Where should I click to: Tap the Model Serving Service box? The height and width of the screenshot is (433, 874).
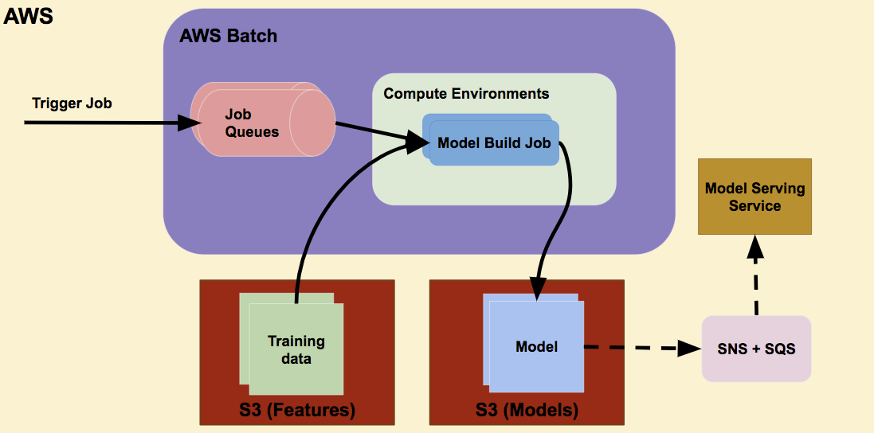coord(754,197)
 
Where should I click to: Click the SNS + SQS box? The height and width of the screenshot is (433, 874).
coord(756,349)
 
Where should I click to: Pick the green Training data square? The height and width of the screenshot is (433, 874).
coord(296,349)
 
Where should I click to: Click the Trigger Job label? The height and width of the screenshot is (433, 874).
coord(72,103)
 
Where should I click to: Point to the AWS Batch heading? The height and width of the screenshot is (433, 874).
coord(229,36)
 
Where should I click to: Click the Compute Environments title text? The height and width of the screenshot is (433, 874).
coord(466,93)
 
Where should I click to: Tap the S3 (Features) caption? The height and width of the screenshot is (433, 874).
coord(297,411)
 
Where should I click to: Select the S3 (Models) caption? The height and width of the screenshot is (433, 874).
coord(527,411)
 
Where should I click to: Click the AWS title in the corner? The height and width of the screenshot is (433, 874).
coord(29,16)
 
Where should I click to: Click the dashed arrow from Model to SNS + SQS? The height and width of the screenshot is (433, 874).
coord(637,347)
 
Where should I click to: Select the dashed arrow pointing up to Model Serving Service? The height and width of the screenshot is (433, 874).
coord(754,279)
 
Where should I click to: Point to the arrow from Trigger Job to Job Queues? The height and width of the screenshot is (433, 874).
coord(104,123)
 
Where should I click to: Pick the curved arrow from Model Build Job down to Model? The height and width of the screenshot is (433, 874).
coord(562,223)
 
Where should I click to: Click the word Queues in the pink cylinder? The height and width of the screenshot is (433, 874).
coord(252,131)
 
